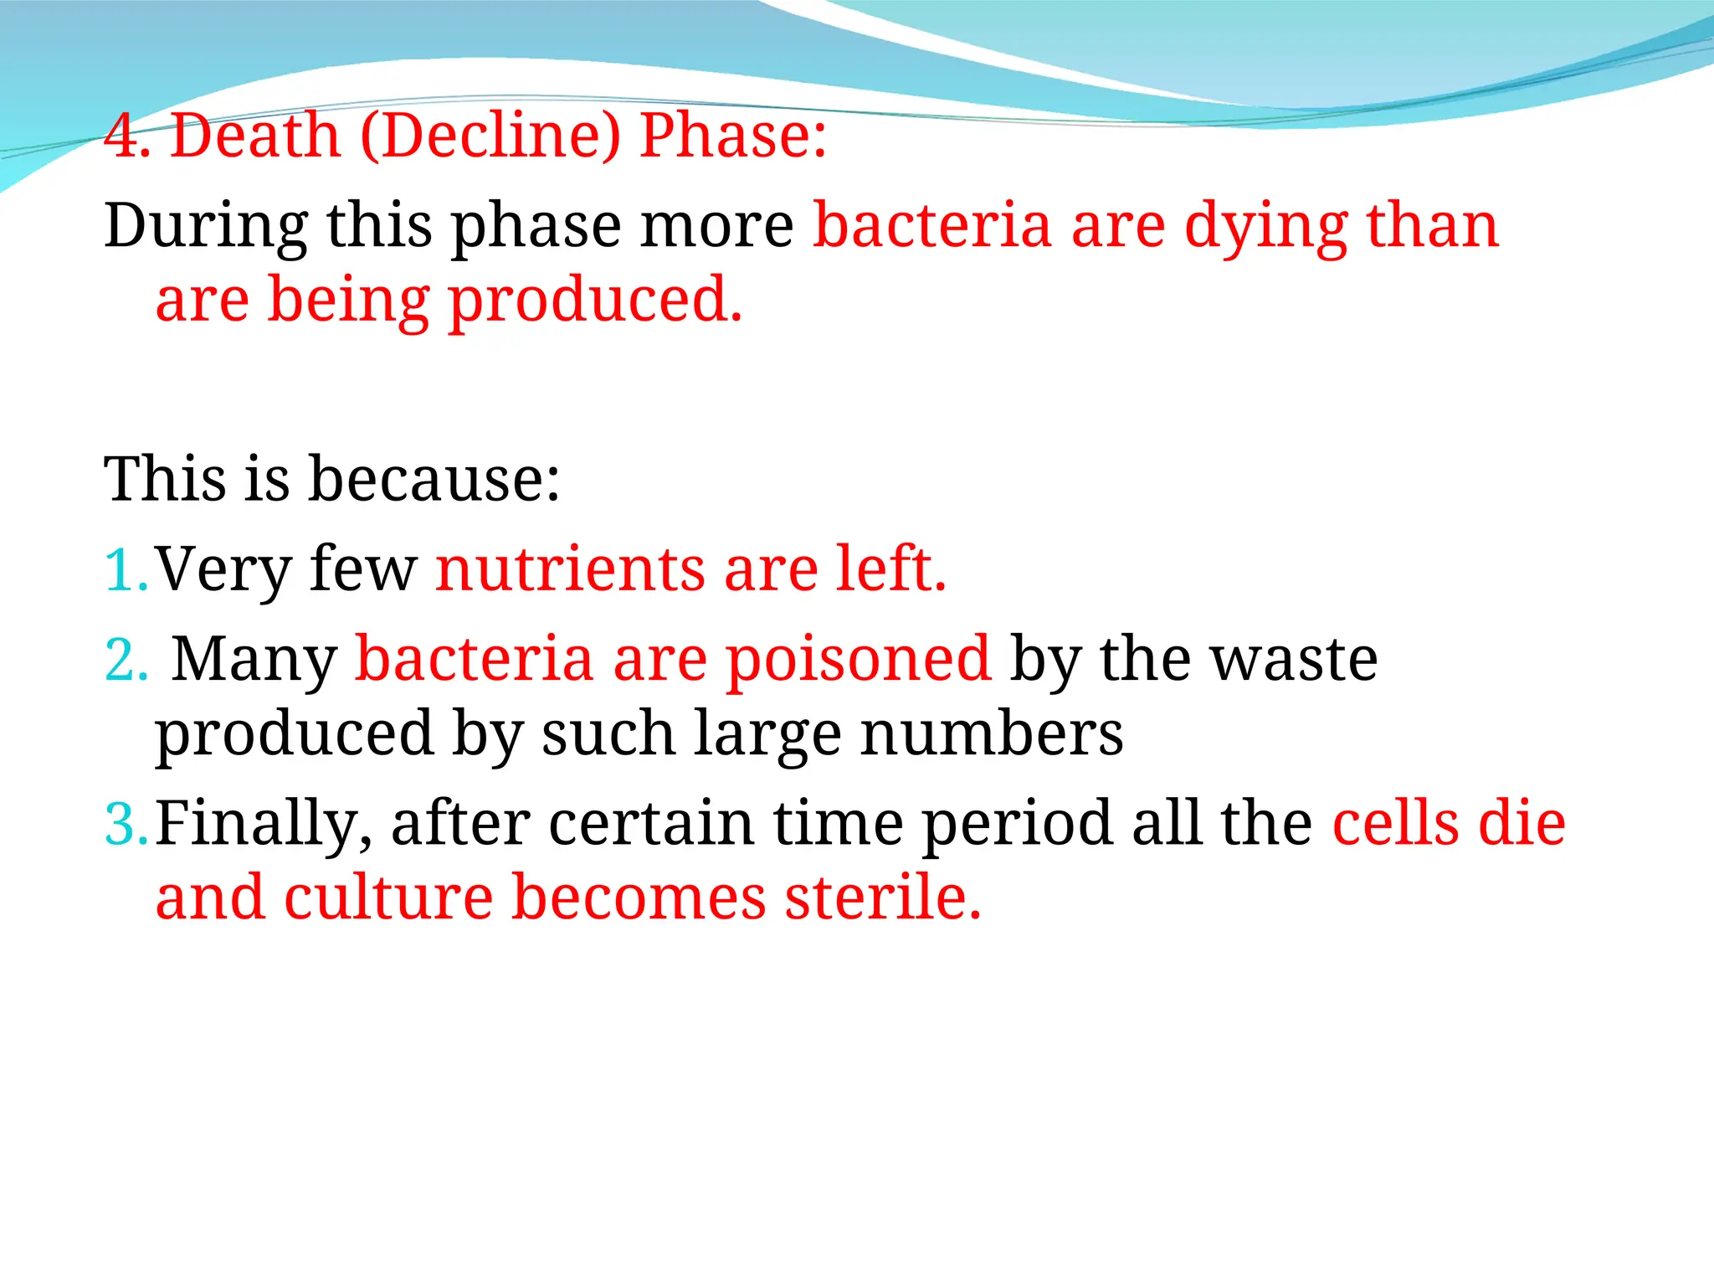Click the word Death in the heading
[x=255, y=136]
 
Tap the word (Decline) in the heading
[x=490, y=136]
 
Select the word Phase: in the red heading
[x=733, y=136]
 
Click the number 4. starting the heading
[x=127, y=136]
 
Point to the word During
[x=206, y=226]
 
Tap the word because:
[x=434, y=480]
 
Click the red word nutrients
[x=570, y=570]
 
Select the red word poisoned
[x=858, y=661]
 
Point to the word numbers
[x=992, y=734]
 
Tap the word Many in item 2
[x=254, y=661]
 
